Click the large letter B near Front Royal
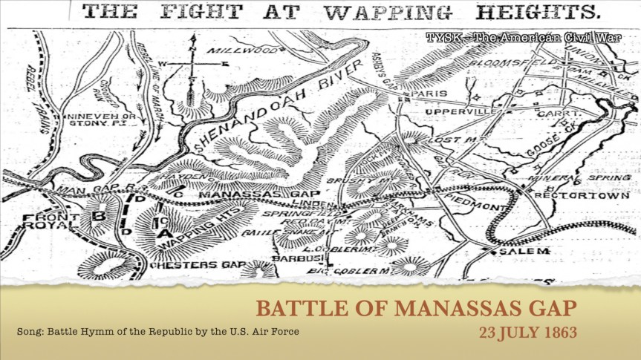pos(97,216)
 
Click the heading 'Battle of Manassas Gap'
pos(417,307)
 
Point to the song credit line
pos(157,330)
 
